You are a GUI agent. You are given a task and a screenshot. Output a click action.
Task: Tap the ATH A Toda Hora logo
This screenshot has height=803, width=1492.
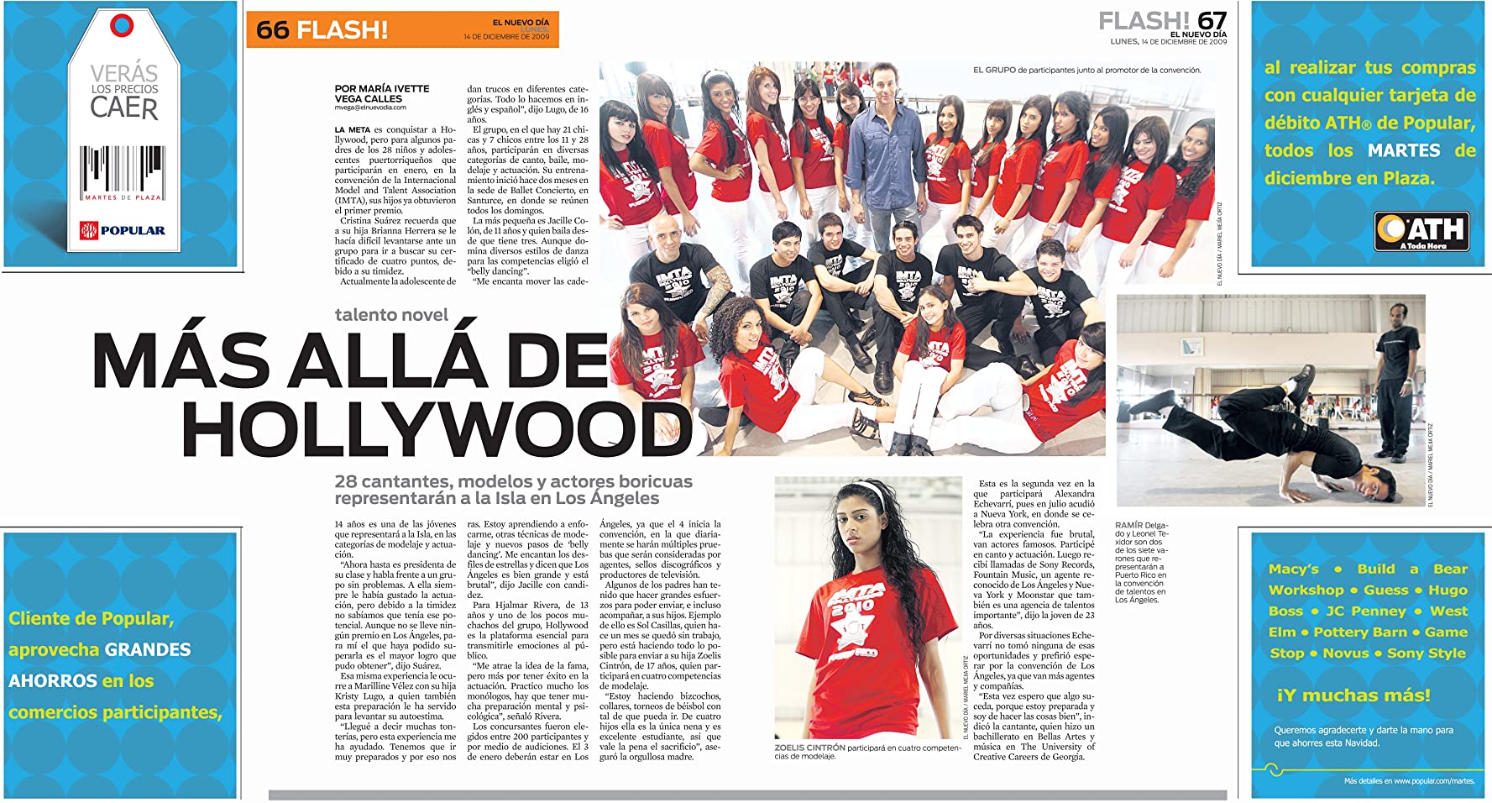(1421, 231)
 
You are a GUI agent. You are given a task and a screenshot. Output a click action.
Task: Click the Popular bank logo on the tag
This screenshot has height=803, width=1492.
(123, 230)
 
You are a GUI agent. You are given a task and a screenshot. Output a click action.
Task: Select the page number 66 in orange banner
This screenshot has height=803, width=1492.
(272, 30)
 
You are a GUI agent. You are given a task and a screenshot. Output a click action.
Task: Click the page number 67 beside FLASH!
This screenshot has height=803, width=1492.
(1212, 21)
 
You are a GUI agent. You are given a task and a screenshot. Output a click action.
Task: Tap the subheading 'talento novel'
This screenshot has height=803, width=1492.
(391, 315)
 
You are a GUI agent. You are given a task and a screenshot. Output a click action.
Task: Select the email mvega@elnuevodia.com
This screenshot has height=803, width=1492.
(370, 108)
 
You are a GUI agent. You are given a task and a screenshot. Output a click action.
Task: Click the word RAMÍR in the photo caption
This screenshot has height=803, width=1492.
(1128, 525)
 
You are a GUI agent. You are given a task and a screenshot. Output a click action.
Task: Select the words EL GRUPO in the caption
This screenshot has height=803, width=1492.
(993, 71)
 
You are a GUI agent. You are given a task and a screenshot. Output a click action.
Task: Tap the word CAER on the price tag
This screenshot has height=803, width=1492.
(123, 108)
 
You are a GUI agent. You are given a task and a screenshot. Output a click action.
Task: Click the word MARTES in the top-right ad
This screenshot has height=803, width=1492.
(1404, 150)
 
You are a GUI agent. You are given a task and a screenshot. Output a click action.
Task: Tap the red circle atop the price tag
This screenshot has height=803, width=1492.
(122, 25)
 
